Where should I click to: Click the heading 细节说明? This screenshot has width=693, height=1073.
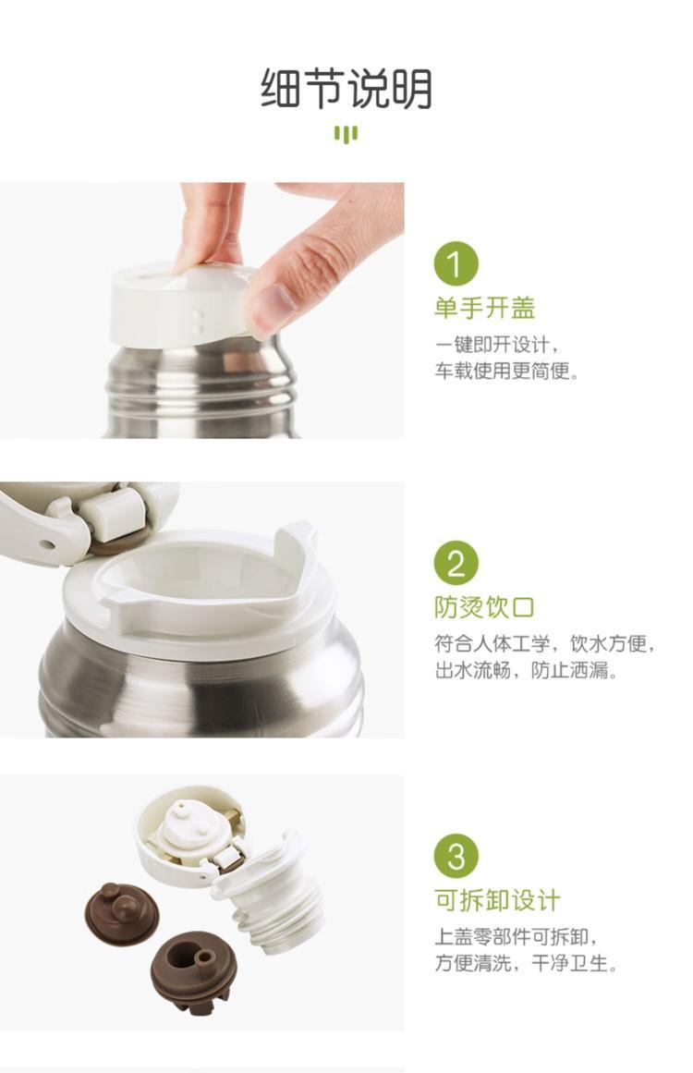(346, 89)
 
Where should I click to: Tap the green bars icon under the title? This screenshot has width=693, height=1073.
(346, 133)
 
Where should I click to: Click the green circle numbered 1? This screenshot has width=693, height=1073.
(456, 263)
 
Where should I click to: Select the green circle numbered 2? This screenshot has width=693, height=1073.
(456, 563)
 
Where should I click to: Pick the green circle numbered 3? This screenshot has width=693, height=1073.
(456, 856)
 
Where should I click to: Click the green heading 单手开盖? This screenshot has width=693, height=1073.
(484, 308)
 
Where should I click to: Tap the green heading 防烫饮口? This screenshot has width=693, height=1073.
(484, 607)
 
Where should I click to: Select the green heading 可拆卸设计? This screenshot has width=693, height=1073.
(497, 900)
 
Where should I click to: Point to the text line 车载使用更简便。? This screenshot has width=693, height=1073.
(507, 371)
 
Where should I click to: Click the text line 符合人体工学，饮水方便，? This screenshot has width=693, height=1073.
(545, 643)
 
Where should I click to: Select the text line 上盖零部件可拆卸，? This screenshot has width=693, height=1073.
(517, 936)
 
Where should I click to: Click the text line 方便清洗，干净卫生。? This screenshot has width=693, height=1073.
(526, 963)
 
